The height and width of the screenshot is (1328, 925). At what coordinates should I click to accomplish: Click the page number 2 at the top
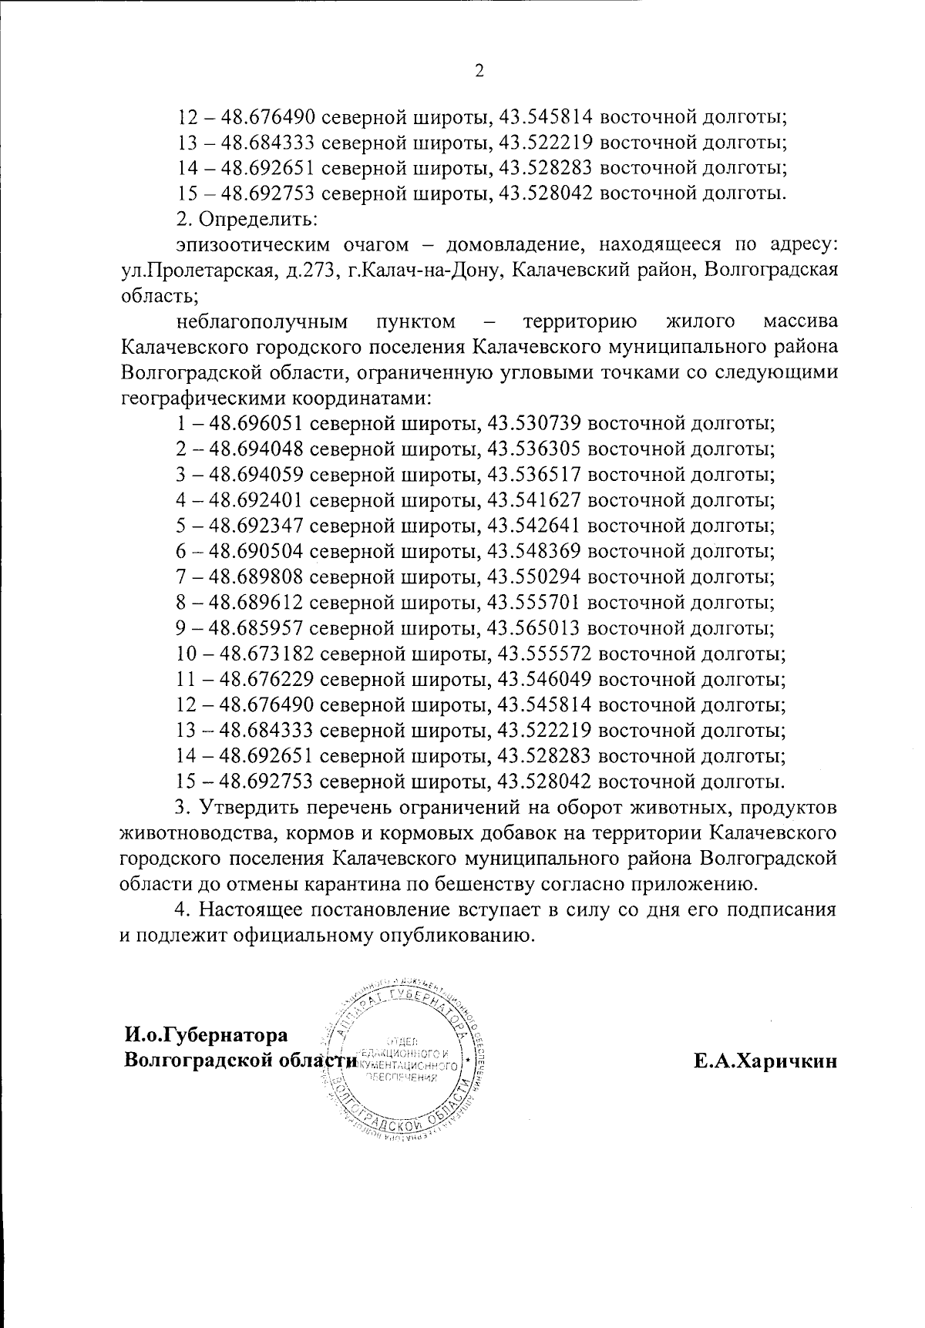pos(479,72)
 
